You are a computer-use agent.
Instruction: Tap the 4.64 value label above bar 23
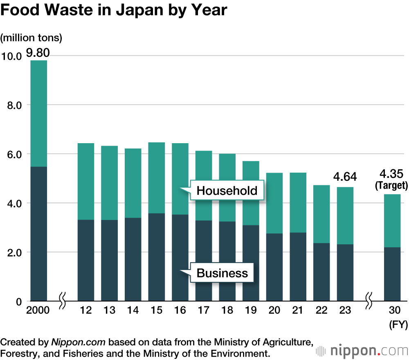(345, 177)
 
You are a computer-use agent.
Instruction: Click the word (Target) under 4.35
(391, 186)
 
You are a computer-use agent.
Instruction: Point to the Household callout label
(227, 190)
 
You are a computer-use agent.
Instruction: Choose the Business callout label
(222, 273)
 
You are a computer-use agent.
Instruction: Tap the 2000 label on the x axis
(38, 310)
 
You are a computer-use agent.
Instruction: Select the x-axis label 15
(156, 310)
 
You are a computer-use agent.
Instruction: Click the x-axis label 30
(392, 310)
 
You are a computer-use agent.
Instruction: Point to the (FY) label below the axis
(398, 325)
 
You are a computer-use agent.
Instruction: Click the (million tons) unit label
(31, 38)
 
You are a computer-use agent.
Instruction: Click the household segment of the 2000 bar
(39, 113)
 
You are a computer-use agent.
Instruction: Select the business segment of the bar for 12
(86, 260)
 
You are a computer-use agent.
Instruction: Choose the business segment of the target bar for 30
(392, 274)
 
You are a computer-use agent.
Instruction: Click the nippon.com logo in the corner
(362, 351)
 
